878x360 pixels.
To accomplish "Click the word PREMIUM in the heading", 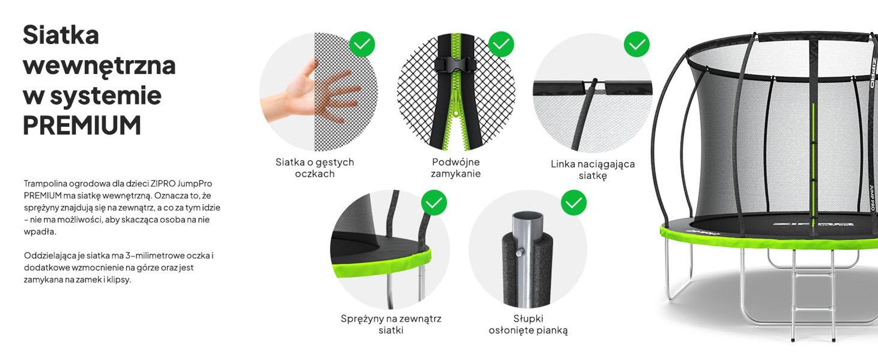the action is coord(82,126).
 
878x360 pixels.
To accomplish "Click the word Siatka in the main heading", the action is coord(61,35).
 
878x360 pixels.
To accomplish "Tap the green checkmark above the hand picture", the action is coord(362,44).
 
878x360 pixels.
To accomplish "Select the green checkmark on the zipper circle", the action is coord(501,44).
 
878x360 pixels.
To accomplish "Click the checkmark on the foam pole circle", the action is coord(574,202).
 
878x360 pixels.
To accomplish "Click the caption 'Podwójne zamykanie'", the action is coord(456,168).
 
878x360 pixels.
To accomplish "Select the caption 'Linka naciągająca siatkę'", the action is coord(593,169).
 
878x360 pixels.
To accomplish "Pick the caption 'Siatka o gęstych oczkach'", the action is coord(315,168).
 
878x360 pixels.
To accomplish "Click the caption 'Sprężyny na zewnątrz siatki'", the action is coord(391,324).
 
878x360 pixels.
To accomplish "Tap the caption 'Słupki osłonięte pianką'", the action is coord(528,324).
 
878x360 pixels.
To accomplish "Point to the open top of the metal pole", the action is coord(528,217).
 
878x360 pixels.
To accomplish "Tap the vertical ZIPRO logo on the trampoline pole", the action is coord(873,72).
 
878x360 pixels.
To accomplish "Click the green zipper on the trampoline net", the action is coord(813,162).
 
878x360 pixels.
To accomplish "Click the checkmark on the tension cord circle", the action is coord(637,44).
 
